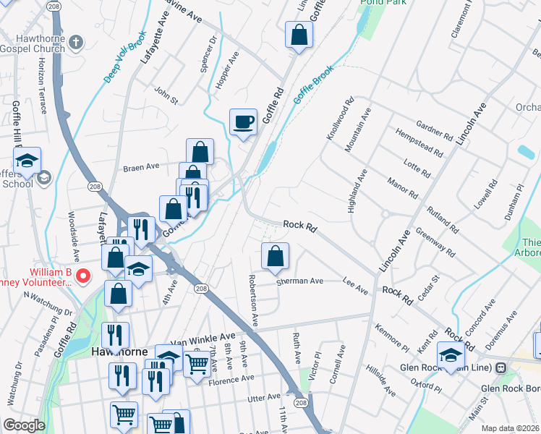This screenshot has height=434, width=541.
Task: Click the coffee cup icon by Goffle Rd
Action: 243,122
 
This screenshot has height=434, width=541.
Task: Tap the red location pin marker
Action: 83,276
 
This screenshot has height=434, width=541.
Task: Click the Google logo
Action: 24,425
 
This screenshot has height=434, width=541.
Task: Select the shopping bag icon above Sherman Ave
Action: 275,256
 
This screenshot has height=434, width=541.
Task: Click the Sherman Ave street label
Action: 300,281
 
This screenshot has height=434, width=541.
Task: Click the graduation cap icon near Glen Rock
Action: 450,355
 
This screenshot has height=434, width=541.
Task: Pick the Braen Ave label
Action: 141,166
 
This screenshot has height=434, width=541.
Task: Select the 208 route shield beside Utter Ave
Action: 302,402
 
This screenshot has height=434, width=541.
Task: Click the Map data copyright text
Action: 510,427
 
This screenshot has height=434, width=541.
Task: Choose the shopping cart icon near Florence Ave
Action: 196,364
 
